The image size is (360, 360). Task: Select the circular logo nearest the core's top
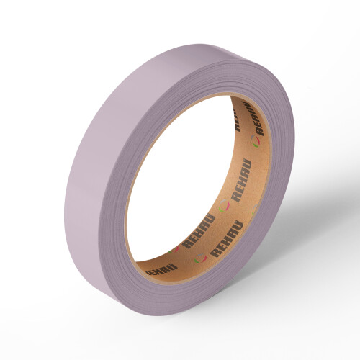[256, 141]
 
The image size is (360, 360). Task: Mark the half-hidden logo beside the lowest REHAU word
[173, 250]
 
